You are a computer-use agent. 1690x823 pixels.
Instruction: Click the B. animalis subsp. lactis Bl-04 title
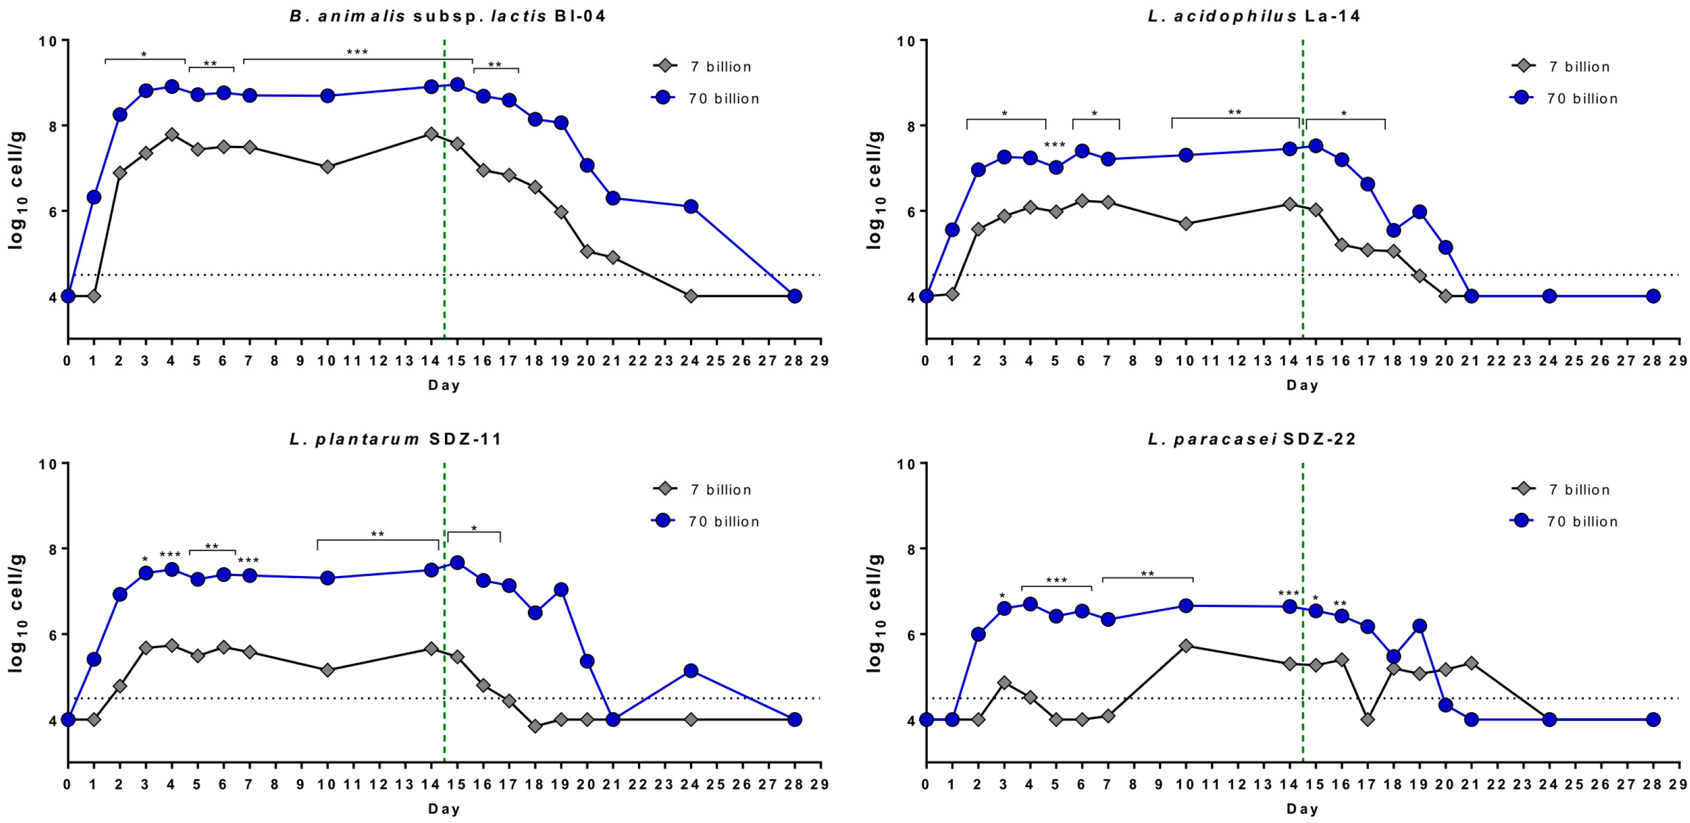448,16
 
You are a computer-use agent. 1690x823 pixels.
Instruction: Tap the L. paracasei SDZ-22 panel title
1252,439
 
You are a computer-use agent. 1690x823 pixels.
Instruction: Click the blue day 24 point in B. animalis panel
690,207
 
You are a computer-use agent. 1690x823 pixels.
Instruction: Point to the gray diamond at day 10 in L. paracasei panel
1185,646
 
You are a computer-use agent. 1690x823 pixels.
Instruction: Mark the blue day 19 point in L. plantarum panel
561,590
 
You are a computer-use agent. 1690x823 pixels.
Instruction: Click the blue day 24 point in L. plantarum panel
690,671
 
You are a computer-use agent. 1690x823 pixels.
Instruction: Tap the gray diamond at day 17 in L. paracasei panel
1367,719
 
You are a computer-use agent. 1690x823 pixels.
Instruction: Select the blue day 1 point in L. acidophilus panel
952,230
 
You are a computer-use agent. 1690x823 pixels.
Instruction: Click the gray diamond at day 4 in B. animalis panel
172,135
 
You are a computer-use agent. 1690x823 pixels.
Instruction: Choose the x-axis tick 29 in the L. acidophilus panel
1678,361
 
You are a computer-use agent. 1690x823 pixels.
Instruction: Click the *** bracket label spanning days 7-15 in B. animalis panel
358,53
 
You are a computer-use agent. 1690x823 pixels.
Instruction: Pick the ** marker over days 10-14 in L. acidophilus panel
1235,112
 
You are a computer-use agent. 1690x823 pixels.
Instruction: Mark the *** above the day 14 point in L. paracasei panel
1289,594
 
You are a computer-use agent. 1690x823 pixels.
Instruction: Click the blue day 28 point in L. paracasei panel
1653,719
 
